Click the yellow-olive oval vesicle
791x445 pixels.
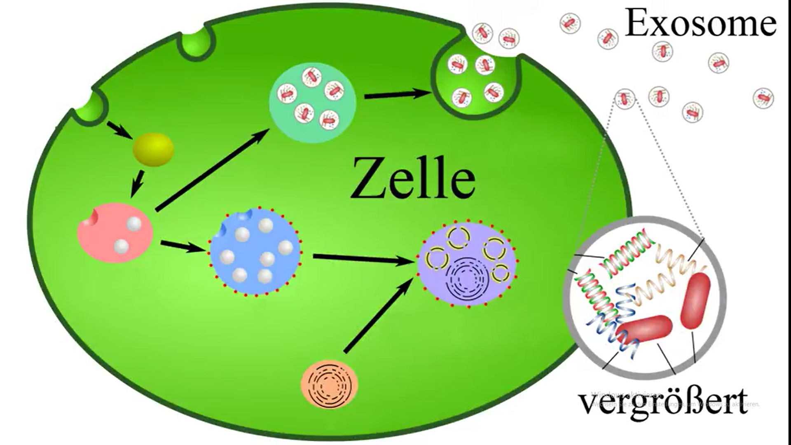(x=153, y=149)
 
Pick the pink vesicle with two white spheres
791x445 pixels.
(x=115, y=233)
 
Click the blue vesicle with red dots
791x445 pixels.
(x=255, y=252)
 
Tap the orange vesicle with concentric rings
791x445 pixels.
(x=330, y=384)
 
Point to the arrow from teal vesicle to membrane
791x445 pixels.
(x=398, y=94)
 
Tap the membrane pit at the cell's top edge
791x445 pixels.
(x=197, y=43)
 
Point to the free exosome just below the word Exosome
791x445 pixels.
(x=662, y=52)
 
